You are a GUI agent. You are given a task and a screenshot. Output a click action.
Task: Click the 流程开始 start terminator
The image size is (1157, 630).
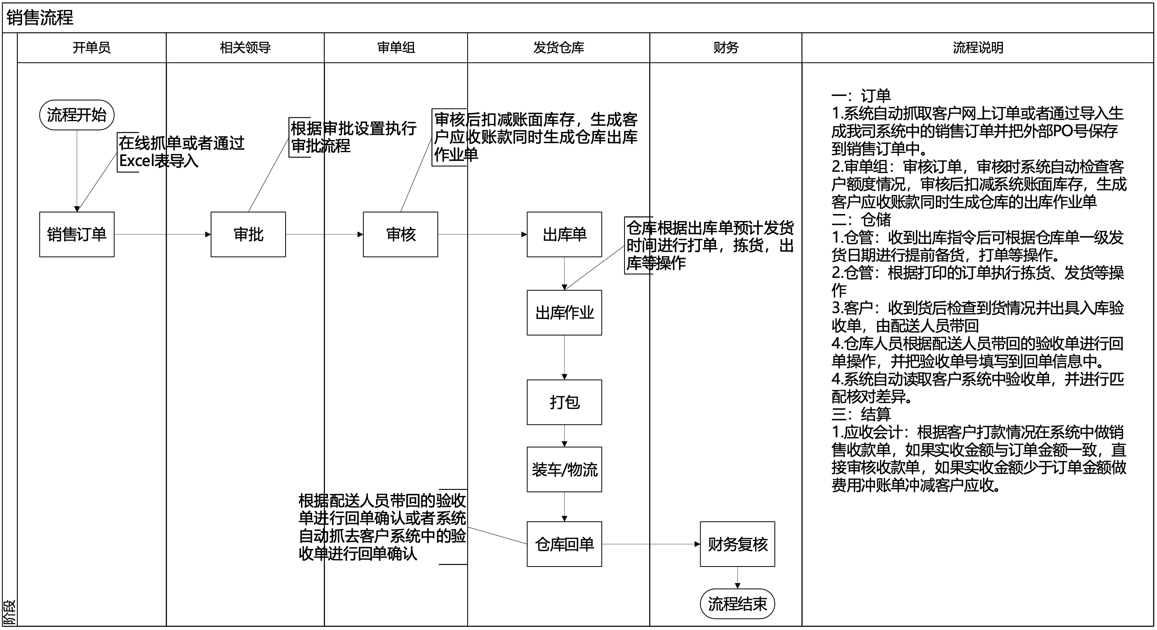coord(77,115)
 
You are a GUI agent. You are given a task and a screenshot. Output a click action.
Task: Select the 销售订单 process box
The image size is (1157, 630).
coord(77,234)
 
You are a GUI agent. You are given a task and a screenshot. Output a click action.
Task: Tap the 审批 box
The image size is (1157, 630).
coord(248,234)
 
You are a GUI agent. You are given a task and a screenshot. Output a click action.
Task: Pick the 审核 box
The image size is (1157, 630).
coord(400,234)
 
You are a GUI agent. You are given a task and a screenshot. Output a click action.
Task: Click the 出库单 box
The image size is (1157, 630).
coord(564,234)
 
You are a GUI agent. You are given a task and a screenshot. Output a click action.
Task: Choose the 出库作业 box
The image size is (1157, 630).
coord(564,313)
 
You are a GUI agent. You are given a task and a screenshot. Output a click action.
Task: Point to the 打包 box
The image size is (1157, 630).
coord(564,402)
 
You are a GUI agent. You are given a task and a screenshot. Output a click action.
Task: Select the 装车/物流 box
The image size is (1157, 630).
coord(564,469)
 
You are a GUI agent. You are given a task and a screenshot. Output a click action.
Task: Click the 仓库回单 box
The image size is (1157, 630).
coord(564,544)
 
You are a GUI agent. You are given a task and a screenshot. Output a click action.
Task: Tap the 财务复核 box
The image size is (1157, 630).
coord(737,544)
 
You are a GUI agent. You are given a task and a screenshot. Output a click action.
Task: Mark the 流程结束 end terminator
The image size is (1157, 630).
coord(737,604)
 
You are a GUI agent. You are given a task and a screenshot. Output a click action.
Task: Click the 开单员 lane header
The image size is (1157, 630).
coord(92,48)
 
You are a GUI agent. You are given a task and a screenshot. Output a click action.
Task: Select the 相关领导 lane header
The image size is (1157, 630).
coord(245,48)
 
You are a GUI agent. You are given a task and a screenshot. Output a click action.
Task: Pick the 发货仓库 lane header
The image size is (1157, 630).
coord(558,48)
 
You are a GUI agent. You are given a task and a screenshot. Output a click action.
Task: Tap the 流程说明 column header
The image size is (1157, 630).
coord(978,48)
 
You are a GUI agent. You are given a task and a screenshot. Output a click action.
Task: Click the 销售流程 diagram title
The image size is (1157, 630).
coord(40,18)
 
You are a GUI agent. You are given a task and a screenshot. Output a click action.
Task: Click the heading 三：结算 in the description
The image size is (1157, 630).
coord(861,414)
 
